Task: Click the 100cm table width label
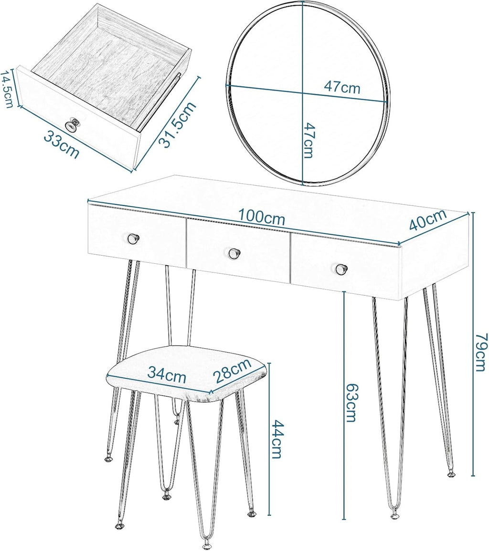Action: (x=261, y=217)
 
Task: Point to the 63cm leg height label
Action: (x=352, y=402)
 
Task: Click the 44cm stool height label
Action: (x=276, y=439)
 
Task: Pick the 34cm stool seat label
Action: (x=166, y=374)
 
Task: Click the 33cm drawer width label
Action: (x=61, y=144)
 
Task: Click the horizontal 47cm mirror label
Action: (x=342, y=87)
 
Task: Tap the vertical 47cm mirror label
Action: (x=308, y=140)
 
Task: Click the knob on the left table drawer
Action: (x=133, y=239)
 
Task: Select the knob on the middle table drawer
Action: (x=233, y=253)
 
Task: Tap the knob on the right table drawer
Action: (x=340, y=269)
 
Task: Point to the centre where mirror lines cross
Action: (x=303, y=94)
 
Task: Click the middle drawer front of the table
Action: (x=238, y=252)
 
